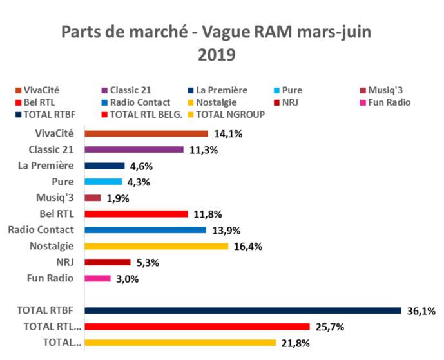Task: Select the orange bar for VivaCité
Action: (x=146, y=134)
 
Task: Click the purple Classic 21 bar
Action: (x=134, y=150)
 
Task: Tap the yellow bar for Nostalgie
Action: (x=157, y=247)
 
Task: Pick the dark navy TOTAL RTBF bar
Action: (x=242, y=311)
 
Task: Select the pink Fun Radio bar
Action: (x=98, y=279)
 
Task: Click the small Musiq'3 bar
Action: (x=93, y=198)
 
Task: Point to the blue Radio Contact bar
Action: (x=145, y=231)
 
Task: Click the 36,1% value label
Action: (x=421, y=312)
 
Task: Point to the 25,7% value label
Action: (x=329, y=328)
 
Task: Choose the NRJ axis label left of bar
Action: (x=64, y=262)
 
